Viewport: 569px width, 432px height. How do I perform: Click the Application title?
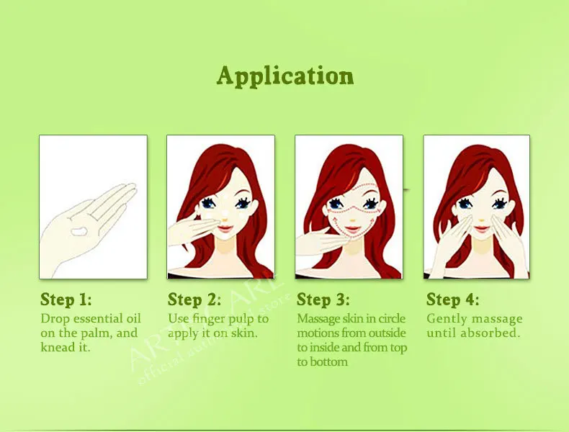click(x=284, y=76)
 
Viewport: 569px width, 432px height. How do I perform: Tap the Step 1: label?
click(x=66, y=300)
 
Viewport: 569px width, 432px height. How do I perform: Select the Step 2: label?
click(x=194, y=300)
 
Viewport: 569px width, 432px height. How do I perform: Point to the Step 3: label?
click(x=323, y=300)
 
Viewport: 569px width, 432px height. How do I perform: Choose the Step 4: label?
click(x=452, y=300)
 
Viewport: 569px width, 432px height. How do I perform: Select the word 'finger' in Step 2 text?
click(x=210, y=318)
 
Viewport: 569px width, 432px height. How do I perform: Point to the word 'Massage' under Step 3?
click(x=318, y=318)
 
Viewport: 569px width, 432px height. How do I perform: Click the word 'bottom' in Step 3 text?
click(x=328, y=361)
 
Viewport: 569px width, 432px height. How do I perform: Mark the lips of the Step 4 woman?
click(x=478, y=228)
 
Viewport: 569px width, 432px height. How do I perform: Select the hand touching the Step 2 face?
click(x=191, y=233)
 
